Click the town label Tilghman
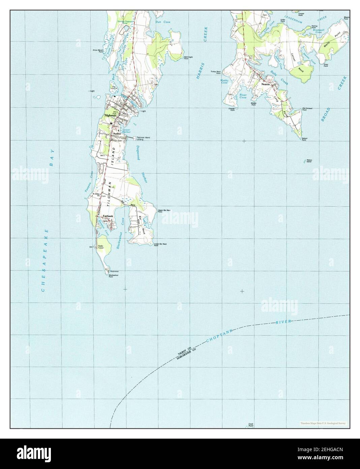pyautogui.click(x=110, y=115)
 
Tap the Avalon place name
pyautogui.click(x=117, y=134)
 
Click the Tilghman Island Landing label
pyautogui.click(x=143, y=138)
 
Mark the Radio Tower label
pyautogui.click(x=100, y=247)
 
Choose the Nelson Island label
pyautogui.click(x=309, y=161)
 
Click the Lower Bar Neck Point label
pyautogui.click(x=160, y=245)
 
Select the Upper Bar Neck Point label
pyautogui.click(x=164, y=211)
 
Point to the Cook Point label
pyautogui.click(x=251, y=425)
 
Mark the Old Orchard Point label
pyautogui.click(x=307, y=109)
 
